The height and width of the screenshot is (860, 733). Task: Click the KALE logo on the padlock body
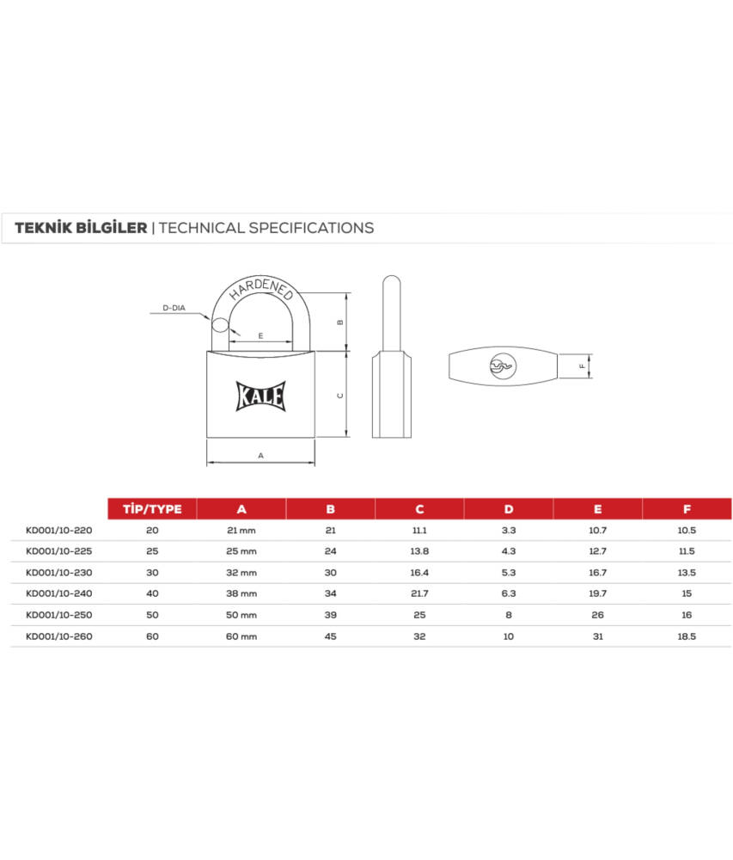click(260, 396)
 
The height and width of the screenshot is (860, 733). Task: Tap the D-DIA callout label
click(174, 308)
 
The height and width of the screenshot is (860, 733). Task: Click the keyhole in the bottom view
click(503, 365)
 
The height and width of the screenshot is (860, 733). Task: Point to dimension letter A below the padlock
click(260, 455)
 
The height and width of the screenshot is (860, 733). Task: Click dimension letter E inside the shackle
click(260, 335)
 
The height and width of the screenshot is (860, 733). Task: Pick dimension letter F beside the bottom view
click(583, 365)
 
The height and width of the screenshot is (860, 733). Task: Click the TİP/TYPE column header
click(152, 509)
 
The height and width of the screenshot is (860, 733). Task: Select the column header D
click(509, 509)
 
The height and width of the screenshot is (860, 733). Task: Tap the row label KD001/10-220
click(59, 531)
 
